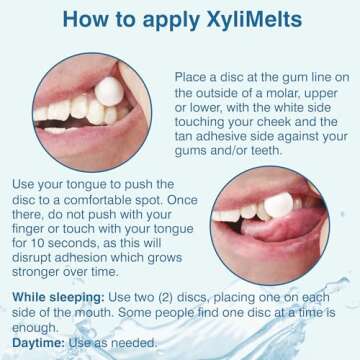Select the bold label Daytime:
(x=37, y=343)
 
